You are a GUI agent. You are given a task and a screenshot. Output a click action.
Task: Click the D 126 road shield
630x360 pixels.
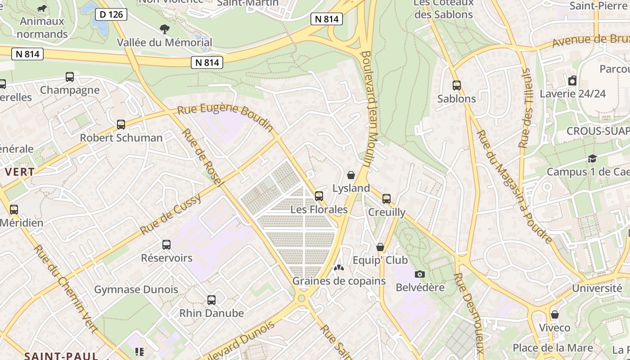click(x=111, y=14)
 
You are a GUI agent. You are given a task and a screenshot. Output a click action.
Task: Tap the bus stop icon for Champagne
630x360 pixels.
click(x=70, y=77)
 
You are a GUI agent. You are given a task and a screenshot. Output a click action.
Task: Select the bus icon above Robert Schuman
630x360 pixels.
click(x=121, y=125)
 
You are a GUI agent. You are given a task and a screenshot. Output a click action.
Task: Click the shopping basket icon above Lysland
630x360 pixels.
click(x=351, y=175)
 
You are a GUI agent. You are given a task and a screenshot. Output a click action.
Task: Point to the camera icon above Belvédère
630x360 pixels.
click(x=419, y=274)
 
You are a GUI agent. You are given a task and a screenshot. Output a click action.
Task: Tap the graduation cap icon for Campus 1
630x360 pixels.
click(x=592, y=159)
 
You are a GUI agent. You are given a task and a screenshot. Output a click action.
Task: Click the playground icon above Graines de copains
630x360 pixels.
click(x=338, y=268)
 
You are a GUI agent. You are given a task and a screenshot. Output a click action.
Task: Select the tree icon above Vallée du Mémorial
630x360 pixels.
click(x=165, y=29)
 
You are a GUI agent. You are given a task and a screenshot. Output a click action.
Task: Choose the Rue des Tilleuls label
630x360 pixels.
click(x=526, y=108)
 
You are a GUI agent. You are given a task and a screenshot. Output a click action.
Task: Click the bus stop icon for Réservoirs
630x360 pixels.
click(x=166, y=245)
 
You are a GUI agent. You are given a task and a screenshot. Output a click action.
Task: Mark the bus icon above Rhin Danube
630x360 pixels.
click(x=211, y=300)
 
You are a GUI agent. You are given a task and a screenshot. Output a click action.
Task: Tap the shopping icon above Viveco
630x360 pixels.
click(x=554, y=315)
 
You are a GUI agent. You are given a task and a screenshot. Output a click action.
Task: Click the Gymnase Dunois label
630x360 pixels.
click(x=136, y=289)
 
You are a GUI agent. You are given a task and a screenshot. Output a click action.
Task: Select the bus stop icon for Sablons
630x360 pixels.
click(x=457, y=85)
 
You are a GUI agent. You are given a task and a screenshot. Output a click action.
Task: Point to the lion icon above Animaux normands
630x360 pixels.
click(x=42, y=9)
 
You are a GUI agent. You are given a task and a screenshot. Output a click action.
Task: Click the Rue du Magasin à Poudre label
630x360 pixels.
click(x=514, y=187)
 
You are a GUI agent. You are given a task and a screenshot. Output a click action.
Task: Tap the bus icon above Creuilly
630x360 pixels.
click(x=386, y=199)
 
